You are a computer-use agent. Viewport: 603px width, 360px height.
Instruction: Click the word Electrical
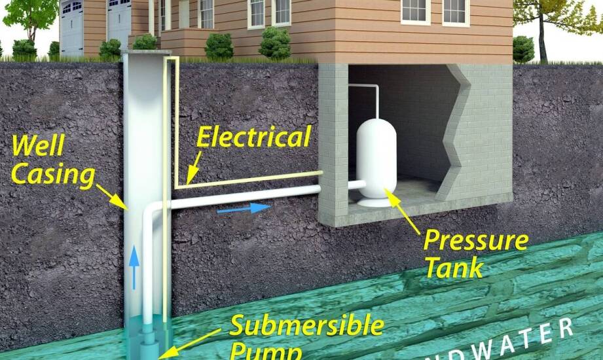tap(253, 137)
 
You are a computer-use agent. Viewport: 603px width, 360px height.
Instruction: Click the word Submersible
tap(306, 325)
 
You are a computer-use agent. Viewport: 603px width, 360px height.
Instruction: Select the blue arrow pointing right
tap(243, 209)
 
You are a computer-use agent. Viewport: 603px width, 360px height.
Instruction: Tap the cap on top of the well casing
tap(145, 52)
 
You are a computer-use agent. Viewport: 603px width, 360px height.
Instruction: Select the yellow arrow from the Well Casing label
tap(111, 196)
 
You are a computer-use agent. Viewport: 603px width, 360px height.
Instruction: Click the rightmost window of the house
tap(455, 11)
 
